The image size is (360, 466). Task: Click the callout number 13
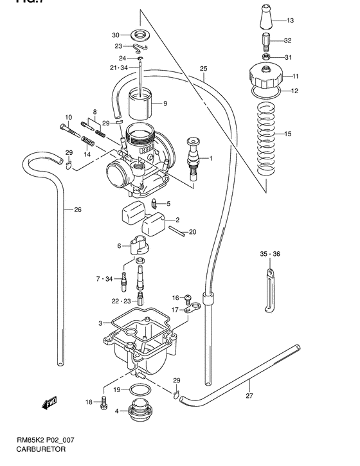coord(289,21)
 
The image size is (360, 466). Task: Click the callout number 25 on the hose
coord(204,69)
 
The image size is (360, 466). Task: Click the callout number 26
coord(77,210)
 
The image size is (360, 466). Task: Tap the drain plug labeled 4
coord(138,411)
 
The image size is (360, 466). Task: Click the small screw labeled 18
coord(103,403)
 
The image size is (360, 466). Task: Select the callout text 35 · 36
coord(270,255)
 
